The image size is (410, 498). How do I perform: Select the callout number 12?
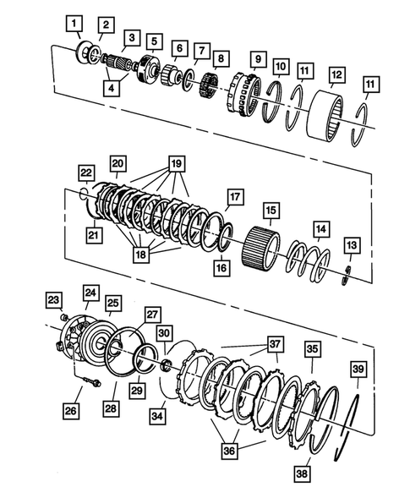click(x=336, y=75)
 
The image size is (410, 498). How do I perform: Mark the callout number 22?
click(x=86, y=172)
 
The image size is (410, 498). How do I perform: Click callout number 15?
click(x=271, y=209)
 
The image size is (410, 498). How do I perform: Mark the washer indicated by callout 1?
click(x=86, y=52)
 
